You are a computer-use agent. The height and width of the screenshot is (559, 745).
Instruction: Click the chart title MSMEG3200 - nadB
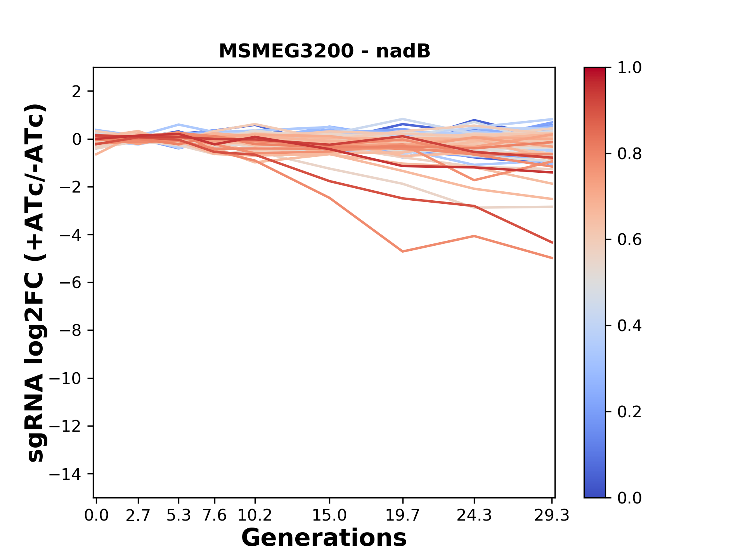(x=324, y=51)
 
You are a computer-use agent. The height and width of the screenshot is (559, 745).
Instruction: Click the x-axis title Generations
(x=324, y=538)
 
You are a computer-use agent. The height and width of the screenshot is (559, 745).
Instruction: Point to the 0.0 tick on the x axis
(x=96, y=516)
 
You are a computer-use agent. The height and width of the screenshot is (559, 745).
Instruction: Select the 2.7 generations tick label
(x=138, y=516)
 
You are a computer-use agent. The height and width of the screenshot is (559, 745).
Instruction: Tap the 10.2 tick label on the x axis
(x=255, y=516)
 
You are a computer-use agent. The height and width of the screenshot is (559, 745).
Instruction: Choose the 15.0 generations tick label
(x=329, y=516)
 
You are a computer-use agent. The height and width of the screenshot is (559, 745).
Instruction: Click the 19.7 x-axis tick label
(x=403, y=516)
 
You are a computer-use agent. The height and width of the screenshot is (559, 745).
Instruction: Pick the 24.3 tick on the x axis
(x=474, y=516)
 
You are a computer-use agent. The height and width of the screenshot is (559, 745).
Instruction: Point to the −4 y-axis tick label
(x=70, y=235)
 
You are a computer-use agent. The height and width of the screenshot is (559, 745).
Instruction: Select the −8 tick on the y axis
(x=70, y=330)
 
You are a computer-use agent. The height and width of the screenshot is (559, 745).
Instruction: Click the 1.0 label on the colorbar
(x=629, y=68)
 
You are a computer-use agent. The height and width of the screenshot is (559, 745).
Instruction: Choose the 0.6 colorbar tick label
(x=629, y=240)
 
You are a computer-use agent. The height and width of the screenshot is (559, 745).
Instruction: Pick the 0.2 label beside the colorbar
(x=629, y=412)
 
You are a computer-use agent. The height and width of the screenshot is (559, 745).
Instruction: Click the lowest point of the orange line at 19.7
(x=403, y=252)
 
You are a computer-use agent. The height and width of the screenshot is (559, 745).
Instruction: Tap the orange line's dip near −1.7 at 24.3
(x=474, y=180)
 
